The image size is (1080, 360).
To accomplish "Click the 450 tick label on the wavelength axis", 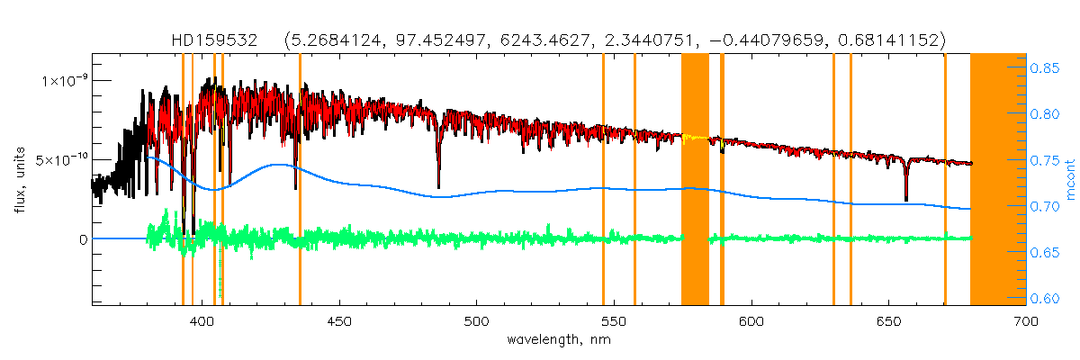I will pos(339,320).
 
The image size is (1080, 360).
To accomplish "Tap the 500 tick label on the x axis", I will pos(476,320).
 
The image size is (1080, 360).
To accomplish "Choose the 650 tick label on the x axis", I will pos(888,320).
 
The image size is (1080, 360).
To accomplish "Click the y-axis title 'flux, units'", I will pos(19,181).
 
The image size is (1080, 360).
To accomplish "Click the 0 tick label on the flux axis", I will pos(83,239).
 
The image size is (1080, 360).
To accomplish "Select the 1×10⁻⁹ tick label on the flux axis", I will pos(64,80).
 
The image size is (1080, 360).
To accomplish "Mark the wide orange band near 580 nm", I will pos(695,180).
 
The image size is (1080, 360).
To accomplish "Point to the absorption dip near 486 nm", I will pos(438,180).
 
